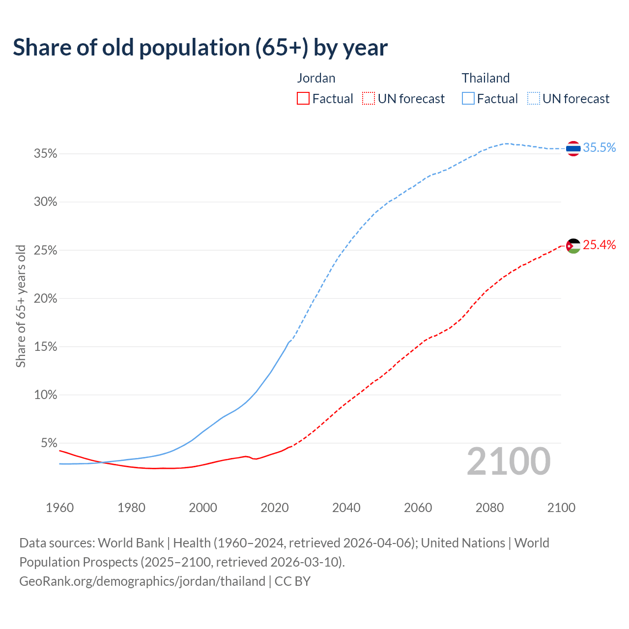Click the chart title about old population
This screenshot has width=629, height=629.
[200, 48]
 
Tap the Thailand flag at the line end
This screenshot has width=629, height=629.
[573, 148]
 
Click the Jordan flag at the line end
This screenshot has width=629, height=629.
[573, 245]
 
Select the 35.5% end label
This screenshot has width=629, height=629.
[599, 147]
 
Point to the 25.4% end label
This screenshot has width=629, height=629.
[599, 245]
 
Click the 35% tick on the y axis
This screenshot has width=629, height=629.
[46, 154]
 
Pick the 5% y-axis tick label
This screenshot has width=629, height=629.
[49, 443]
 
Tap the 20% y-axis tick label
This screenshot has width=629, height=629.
[46, 299]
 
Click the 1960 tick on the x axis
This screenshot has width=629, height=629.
[59, 508]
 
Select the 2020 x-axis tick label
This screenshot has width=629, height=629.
[275, 508]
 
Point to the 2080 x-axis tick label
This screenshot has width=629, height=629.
[489, 508]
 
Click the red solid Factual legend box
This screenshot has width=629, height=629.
[303, 99]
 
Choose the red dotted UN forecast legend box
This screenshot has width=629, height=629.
[369, 99]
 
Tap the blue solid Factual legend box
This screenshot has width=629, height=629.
[468, 99]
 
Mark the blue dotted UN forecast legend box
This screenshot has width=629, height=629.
[534, 99]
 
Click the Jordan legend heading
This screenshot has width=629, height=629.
[316, 78]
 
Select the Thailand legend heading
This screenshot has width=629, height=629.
[486, 78]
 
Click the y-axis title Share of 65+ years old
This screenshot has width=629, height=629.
[21, 306]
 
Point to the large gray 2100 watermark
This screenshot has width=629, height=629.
[509, 461]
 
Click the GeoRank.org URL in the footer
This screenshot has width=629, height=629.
[143, 581]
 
